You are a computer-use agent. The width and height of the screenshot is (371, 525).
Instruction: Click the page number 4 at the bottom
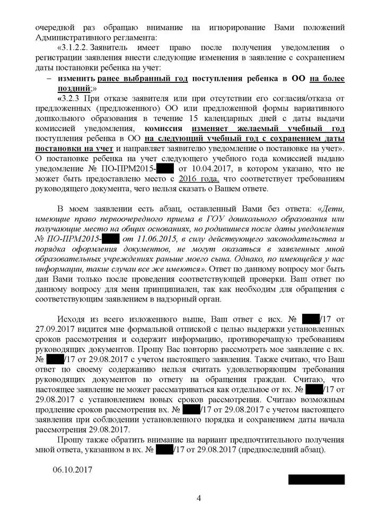pyautogui.click(x=199, y=498)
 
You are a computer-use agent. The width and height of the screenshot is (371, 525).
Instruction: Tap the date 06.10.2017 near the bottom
pyautogui.click(x=73, y=470)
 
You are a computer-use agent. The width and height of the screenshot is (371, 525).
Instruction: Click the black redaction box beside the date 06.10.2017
pyautogui.click(x=316, y=479)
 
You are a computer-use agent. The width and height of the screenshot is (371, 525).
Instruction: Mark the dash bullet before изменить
pyautogui.click(x=49, y=78)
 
